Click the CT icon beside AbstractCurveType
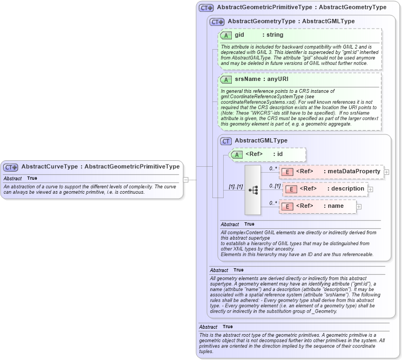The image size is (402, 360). (x=11, y=167)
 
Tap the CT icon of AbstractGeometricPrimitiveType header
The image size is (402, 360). (x=206, y=8)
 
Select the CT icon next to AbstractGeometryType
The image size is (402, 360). (x=217, y=22)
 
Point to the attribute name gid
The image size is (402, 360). (x=239, y=35)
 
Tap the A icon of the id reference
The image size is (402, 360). (x=237, y=155)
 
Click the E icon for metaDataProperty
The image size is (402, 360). (x=287, y=172)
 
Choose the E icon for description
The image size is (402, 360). (x=291, y=189)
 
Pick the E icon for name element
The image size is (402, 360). (x=287, y=206)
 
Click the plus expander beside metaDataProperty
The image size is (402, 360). (x=386, y=172)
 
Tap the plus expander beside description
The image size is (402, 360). (x=370, y=189)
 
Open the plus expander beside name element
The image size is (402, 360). (x=359, y=206)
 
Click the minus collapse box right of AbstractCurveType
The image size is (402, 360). (x=185, y=179)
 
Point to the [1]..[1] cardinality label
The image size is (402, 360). (x=235, y=187)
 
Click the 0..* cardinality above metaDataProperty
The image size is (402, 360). (x=273, y=168)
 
